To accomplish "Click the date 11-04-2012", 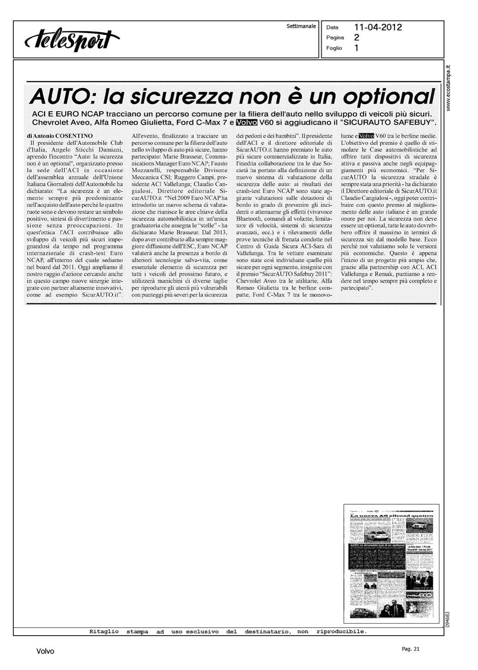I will click(378, 28).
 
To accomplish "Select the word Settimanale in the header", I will click(301, 26).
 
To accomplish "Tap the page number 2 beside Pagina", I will click(356, 38).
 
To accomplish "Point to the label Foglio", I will click(334, 48).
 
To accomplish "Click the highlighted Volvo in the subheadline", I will click(245, 122).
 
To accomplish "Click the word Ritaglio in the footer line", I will click(104, 632).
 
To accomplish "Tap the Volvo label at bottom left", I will click(45, 652).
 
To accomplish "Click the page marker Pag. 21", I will click(410, 649).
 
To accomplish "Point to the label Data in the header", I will click(332, 28).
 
